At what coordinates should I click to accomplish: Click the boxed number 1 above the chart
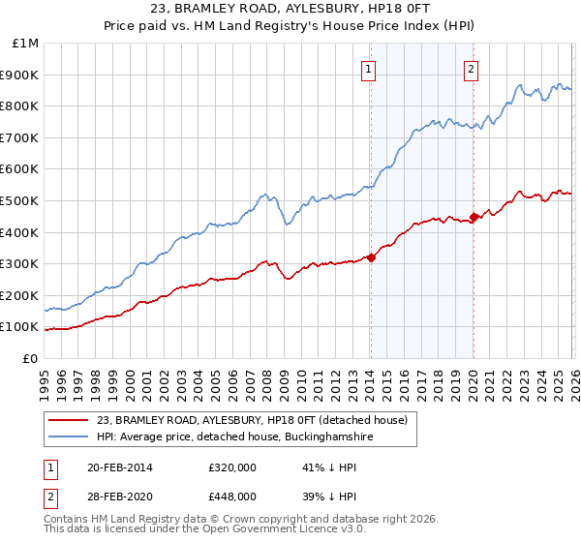point(370,69)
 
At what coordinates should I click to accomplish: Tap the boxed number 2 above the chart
point(471,69)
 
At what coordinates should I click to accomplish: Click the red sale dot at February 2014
point(371,257)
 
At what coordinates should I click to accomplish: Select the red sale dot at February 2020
point(474,217)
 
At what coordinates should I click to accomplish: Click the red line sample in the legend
point(68,420)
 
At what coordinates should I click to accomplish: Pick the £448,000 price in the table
point(231,496)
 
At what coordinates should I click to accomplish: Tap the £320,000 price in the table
point(231,468)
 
